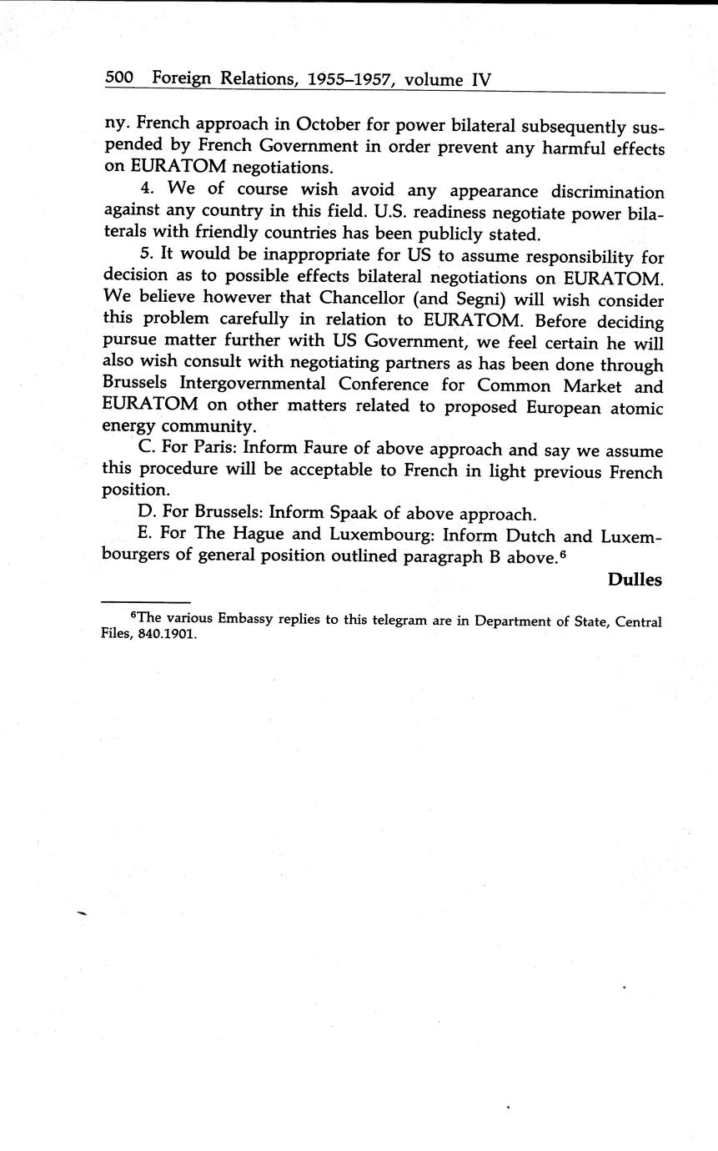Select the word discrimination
point(598,193)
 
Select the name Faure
point(320,450)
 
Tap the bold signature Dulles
point(635,580)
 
